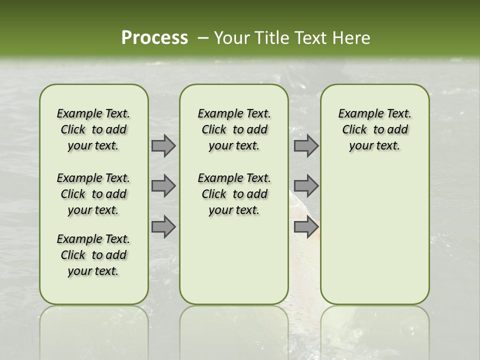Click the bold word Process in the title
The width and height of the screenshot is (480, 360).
pos(154,37)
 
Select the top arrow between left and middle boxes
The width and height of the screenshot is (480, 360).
pos(163,146)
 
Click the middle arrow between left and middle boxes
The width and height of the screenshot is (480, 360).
pos(163,186)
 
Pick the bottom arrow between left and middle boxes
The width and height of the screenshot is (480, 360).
pos(163,226)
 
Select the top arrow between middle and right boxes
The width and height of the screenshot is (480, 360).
pos(306,146)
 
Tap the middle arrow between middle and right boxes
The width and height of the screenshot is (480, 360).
pos(306,186)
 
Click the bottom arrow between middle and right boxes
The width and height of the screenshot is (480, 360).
pos(306,226)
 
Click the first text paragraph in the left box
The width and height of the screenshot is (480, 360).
pos(93,129)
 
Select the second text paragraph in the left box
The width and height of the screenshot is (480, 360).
pos(93,194)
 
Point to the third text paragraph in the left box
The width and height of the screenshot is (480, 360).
pos(93,255)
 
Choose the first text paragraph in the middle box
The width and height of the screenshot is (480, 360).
pos(234,129)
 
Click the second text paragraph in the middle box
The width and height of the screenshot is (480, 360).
pos(234,194)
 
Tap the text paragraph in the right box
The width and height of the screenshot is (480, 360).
pos(374,129)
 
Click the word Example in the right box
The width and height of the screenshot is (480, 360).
pos(357,114)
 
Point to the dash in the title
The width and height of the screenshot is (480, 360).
pos(202,38)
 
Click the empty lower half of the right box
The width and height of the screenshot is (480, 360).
pos(374,240)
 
